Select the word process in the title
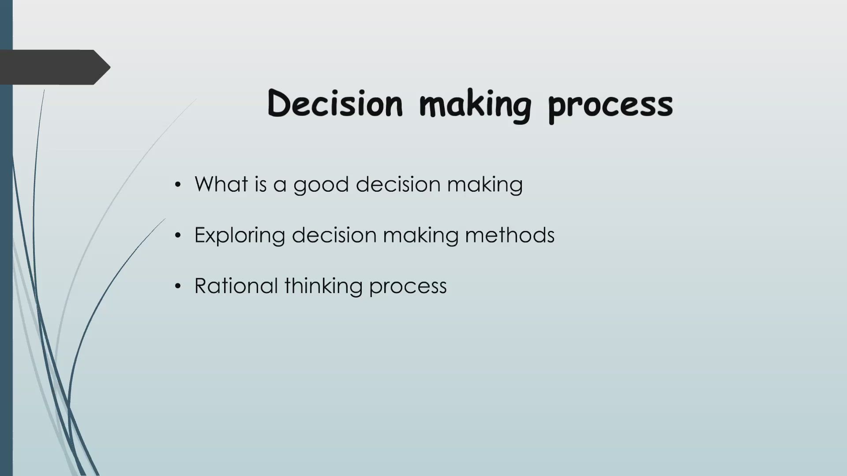click(611, 106)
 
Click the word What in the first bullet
click(221, 184)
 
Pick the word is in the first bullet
click(261, 184)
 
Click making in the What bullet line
click(485, 185)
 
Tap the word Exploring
click(240, 235)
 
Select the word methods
click(510, 234)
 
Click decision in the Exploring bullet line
click(334, 234)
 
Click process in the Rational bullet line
click(408, 286)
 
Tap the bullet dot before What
click(178, 185)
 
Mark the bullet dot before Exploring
click(178, 236)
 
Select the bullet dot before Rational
click(178, 286)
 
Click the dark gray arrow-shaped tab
click(53, 67)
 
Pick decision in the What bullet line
click(398, 184)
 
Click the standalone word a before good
click(280, 185)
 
